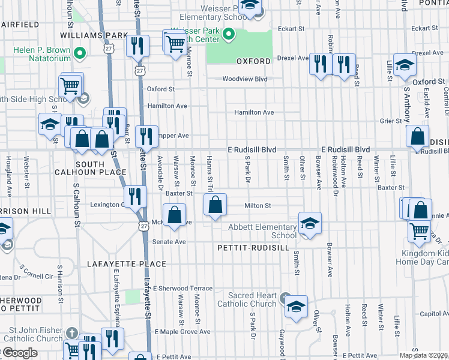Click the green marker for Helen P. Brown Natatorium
(x=78, y=55)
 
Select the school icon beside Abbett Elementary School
(x=309, y=224)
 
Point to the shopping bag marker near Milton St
(x=215, y=205)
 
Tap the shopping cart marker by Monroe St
(x=175, y=42)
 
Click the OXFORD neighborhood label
(x=250, y=61)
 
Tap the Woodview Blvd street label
(x=244, y=79)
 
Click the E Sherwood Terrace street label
(x=182, y=288)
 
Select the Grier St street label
(x=390, y=121)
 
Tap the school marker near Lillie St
(x=405, y=64)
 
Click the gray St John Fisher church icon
(x=72, y=332)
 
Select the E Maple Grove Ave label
(x=182, y=331)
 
